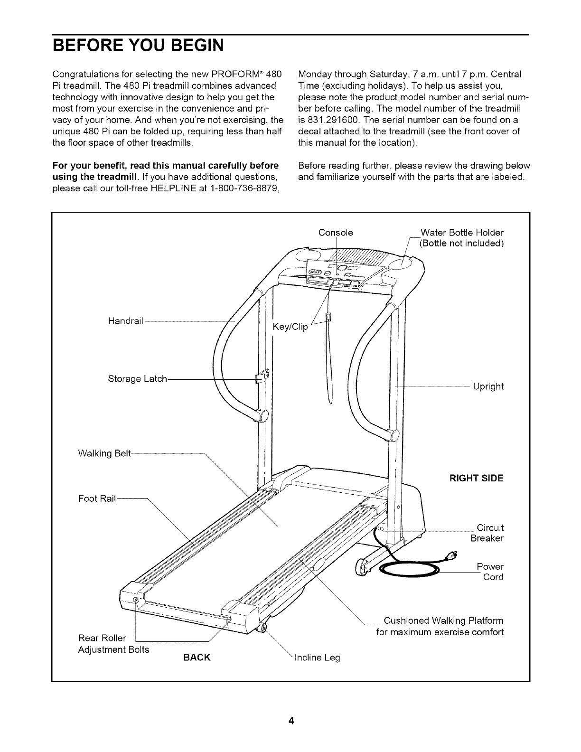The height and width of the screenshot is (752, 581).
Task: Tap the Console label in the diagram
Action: coord(336,233)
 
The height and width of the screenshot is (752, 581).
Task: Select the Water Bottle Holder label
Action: coord(462,233)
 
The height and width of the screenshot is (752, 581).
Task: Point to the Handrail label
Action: coord(125,321)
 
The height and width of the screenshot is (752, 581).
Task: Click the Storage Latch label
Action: coord(138,379)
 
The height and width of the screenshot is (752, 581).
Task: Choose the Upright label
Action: coord(488,386)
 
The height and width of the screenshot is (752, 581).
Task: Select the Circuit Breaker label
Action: coord(487,533)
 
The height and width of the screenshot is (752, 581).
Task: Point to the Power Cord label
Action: coord(490,572)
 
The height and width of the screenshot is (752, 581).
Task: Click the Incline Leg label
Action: coord(318,658)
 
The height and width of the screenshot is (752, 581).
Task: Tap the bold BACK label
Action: coord(196,658)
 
